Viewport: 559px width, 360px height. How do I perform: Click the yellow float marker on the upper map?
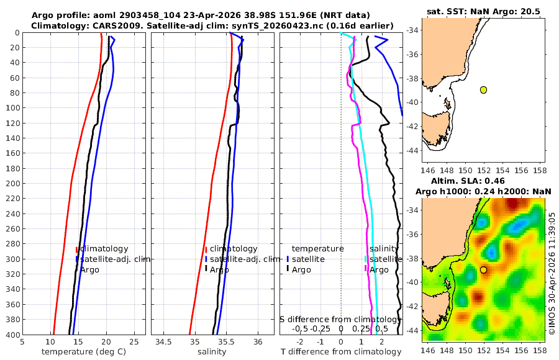point(483,90)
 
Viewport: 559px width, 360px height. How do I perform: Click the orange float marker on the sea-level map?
point(483,270)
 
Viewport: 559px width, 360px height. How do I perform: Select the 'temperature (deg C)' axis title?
point(84,352)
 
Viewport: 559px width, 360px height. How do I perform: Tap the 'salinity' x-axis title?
point(212,352)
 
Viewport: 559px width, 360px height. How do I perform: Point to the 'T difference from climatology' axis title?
point(341,352)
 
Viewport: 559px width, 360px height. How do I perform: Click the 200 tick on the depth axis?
point(12,183)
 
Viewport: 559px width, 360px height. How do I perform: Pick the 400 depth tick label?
point(12,335)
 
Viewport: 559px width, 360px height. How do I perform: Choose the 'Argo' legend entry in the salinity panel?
point(219,270)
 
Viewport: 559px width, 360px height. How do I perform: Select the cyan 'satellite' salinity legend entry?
point(386,259)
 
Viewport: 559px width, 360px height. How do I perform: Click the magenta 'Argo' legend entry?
point(379,270)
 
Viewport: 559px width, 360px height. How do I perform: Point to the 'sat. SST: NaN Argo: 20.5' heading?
point(483,11)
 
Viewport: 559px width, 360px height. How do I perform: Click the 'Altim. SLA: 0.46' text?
point(468,181)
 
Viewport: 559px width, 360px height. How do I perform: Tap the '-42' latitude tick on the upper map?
point(412,126)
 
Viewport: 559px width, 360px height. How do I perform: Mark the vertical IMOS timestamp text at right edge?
point(552,273)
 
